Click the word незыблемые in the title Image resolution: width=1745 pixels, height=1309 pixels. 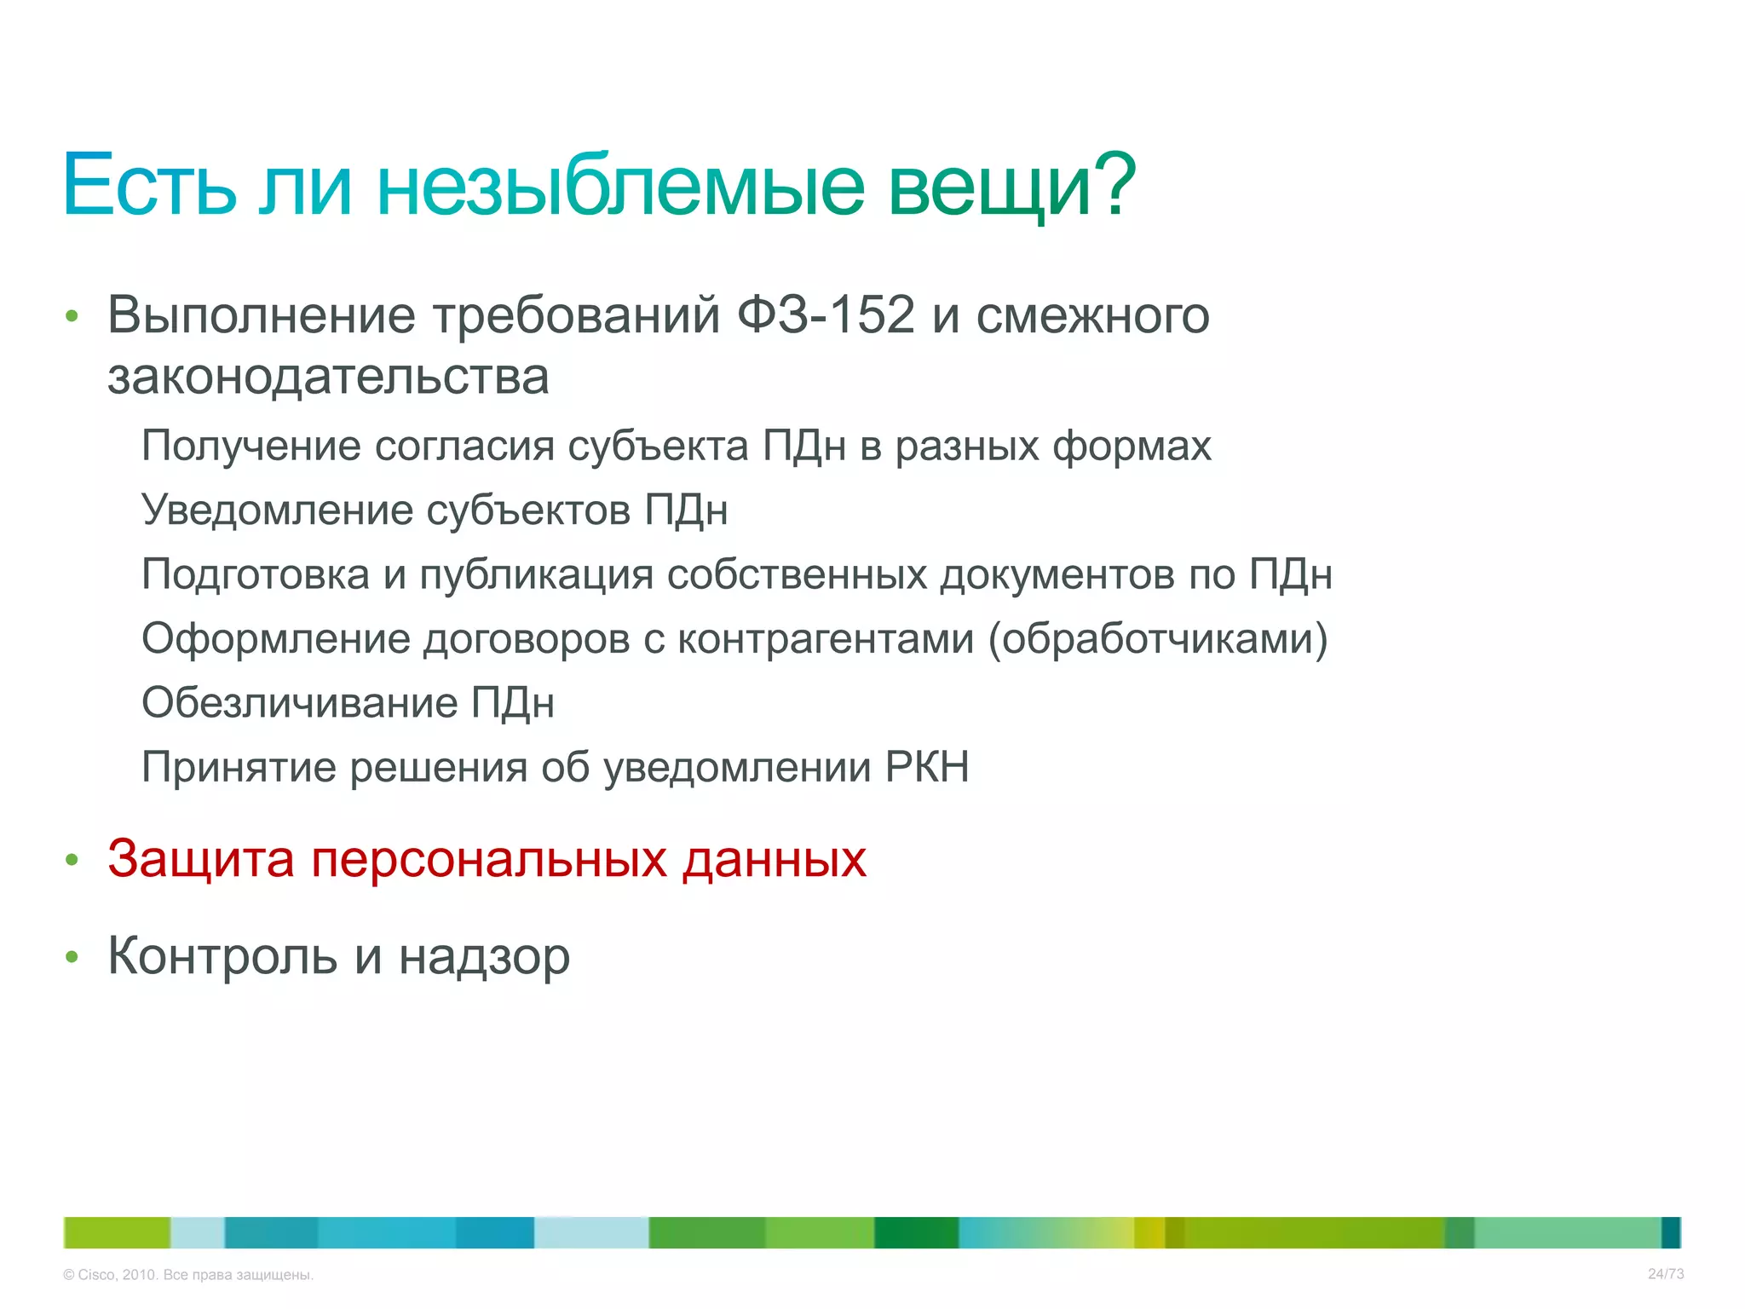pyautogui.click(x=620, y=186)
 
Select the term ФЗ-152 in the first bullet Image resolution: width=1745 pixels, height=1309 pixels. pyautogui.click(x=825, y=314)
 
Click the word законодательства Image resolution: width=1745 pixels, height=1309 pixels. pyautogui.click(x=328, y=377)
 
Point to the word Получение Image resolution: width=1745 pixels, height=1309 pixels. pyautogui.click(x=251, y=446)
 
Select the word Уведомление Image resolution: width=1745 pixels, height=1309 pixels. pyautogui.click(x=277, y=510)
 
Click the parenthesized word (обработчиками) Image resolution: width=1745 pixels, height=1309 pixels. pyautogui.click(x=1157, y=638)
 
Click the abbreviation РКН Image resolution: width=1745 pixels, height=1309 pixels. pyautogui.click(x=927, y=767)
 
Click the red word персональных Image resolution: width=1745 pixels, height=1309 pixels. pyautogui.click(x=489, y=859)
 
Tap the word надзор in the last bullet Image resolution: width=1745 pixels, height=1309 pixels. pyautogui.click(x=484, y=956)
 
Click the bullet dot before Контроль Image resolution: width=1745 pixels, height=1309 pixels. pyautogui.click(x=72, y=958)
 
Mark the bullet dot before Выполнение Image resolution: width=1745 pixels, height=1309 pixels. pyautogui.click(x=72, y=317)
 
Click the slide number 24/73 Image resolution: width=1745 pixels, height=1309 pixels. pyautogui.click(x=1665, y=1274)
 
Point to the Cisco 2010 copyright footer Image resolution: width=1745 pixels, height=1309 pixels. pyautogui.click(x=188, y=1275)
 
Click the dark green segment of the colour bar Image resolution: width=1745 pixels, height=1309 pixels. pyautogui.click(x=916, y=1233)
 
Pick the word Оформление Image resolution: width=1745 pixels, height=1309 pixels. pyautogui.click(x=276, y=638)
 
